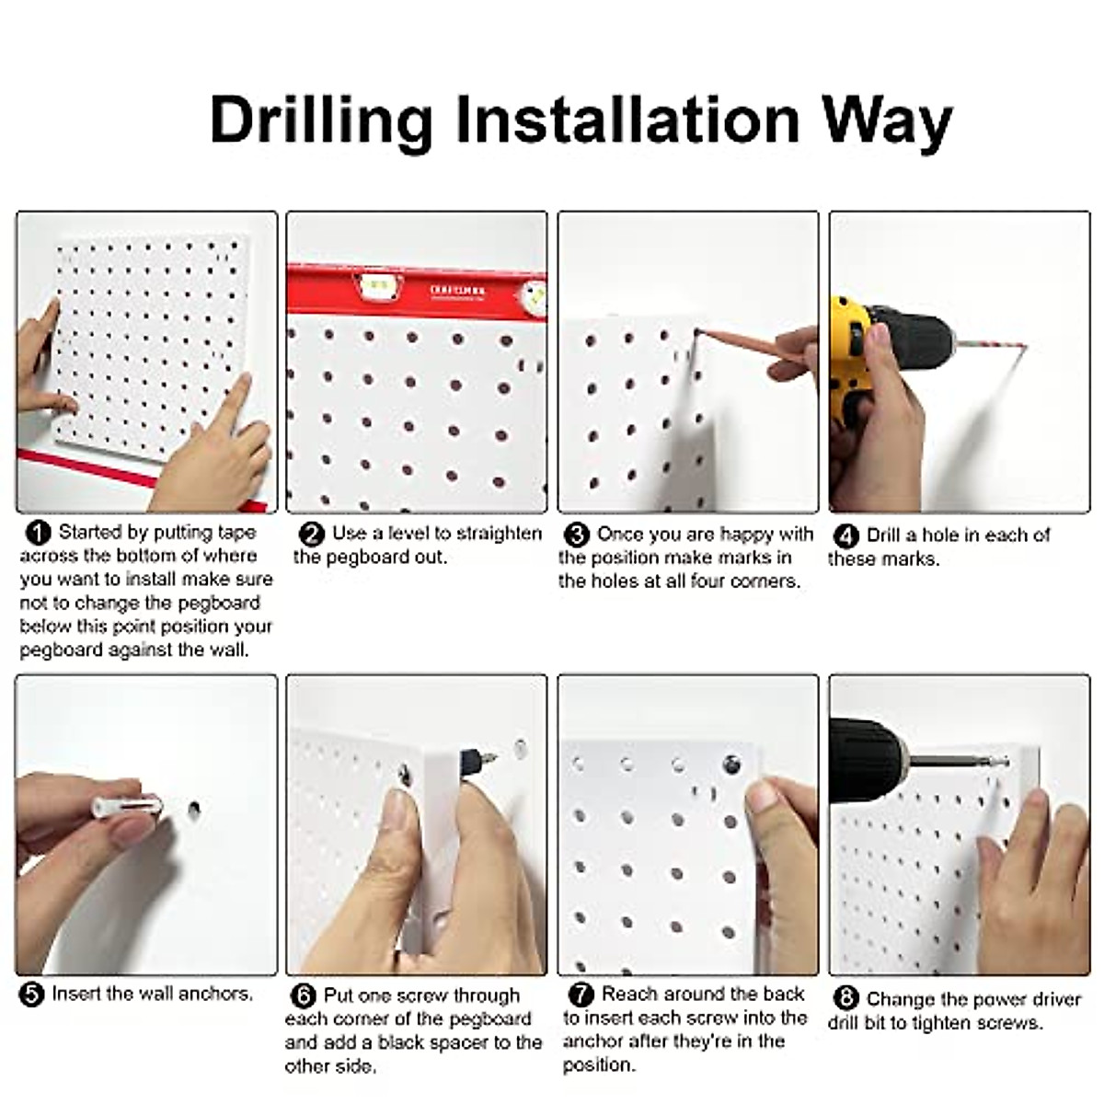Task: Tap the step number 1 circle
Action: point(38,533)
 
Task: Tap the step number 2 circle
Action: point(313,535)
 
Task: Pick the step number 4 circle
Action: point(845,536)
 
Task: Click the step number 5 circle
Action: point(31,995)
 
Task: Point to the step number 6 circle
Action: point(303,996)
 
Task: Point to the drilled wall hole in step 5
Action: point(194,810)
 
